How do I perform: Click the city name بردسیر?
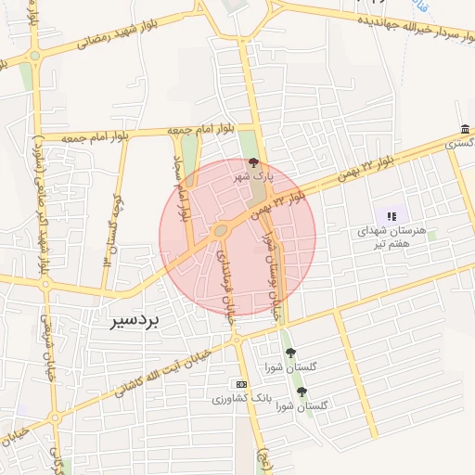click(x=129, y=321)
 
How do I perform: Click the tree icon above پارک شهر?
click(x=255, y=161)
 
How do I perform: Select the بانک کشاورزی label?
click(x=239, y=399)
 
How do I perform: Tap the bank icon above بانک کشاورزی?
click(x=242, y=384)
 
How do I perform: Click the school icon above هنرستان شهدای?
click(x=392, y=215)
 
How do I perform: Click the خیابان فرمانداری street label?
click(x=224, y=278)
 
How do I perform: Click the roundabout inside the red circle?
click(x=221, y=230)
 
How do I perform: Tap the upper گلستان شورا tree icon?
click(x=290, y=353)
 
